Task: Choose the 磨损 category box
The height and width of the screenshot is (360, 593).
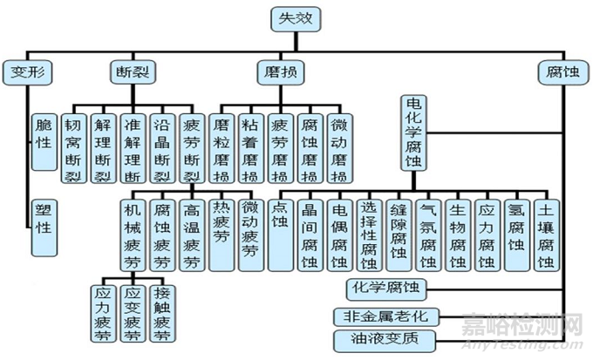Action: click(x=280, y=70)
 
